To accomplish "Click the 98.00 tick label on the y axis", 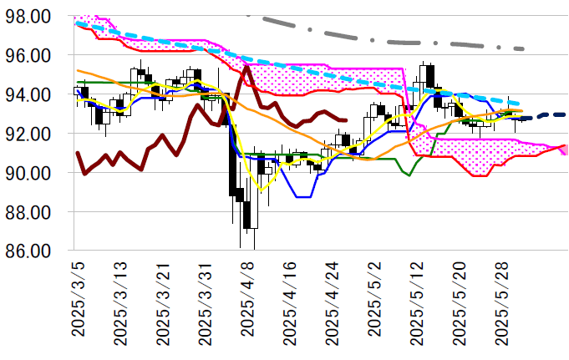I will click(30, 17).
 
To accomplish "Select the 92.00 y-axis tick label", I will click(30, 134).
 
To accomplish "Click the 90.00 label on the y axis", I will click(30, 173).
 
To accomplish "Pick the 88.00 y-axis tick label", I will click(30, 212).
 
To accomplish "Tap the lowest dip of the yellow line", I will click(262, 190).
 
